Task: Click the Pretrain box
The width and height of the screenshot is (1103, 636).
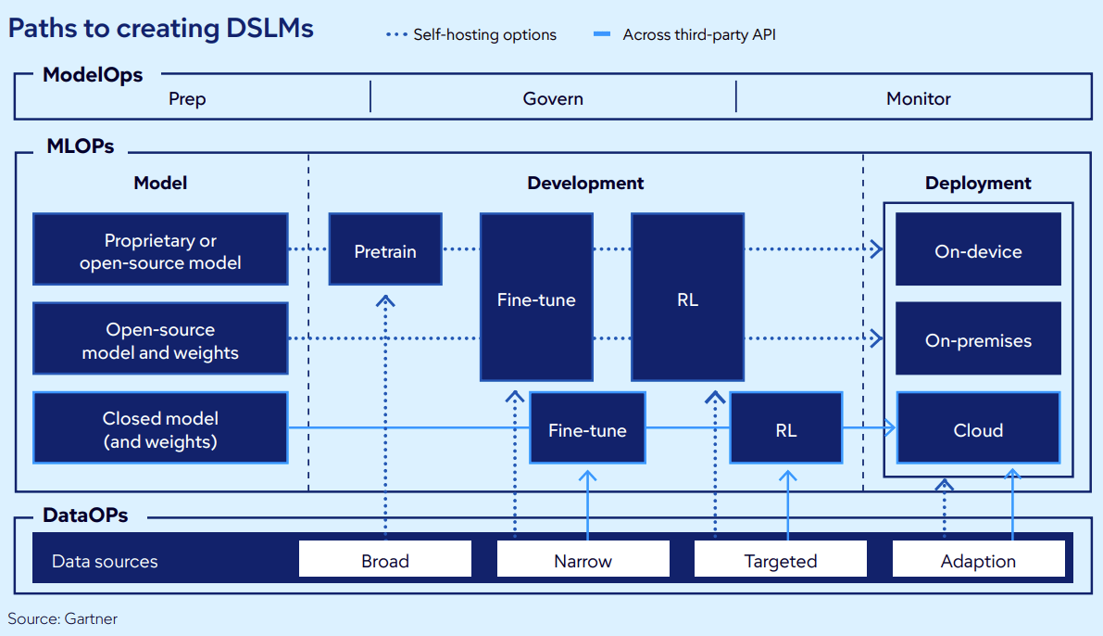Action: pyautogui.click(x=385, y=249)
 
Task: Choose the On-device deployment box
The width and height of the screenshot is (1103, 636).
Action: pyautogui.click(x=978, y=250)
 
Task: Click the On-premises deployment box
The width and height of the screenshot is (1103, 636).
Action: pyautogui.click(x=978, y=339)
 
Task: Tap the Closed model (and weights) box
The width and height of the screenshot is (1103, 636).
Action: pyautogui.click(x=160, y=428)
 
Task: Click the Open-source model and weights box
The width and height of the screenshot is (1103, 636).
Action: pyautogui.click(x=160, y=339)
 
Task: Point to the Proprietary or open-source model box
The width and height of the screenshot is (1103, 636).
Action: pyautogui.click(x=160, y=250)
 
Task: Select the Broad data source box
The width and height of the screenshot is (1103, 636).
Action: pyautogui.click(x=385, y=560)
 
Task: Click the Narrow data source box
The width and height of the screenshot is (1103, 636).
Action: pyautogui.click(x=583, y=560)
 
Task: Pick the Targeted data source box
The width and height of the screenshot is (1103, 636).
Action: pyautogui.click(x=781, y=560)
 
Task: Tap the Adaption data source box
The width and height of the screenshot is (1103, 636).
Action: pyautogui.click(x=978, y=560)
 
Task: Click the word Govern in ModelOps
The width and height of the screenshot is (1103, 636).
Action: pyautogui.click(x=553, y=98)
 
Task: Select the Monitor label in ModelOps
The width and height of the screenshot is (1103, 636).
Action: pyautogui.click(x=918, y=98)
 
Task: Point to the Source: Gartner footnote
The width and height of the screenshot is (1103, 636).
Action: pyautogui.click(x=63, y=617)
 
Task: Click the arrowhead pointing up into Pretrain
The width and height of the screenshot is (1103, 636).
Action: pyautogui.click(x=385, y=300)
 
